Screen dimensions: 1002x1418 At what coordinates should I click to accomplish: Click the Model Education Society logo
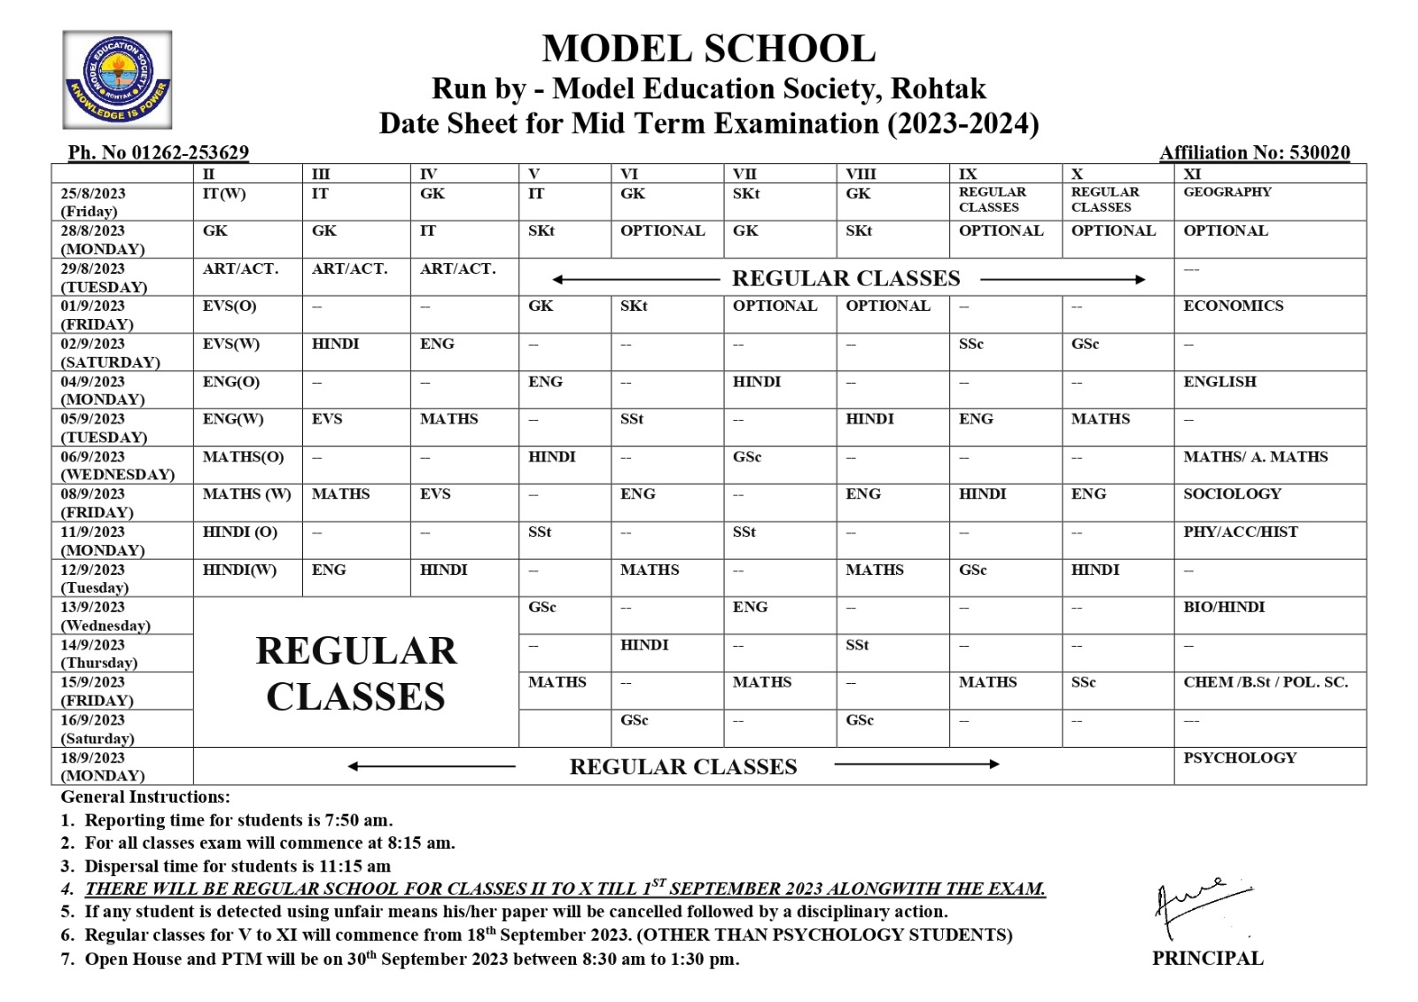(x=117, y=80)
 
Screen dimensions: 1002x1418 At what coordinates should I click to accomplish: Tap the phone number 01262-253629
(x=190, y=152)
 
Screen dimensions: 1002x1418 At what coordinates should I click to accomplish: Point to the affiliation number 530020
(x=1319, y=152)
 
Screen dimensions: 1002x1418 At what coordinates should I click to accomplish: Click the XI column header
(x=1192, y=174)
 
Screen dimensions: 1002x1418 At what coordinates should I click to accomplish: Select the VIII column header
(x=861, y=174)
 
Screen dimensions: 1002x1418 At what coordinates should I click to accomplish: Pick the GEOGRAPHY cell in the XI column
(x=1227, y=192)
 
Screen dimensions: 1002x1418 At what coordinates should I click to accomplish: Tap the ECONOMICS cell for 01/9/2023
(x=1233, y=306)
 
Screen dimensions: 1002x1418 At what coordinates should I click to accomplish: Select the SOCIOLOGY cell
(x=1232, y=493)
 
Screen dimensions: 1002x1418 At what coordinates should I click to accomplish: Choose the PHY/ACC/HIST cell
(x=1240, y=532)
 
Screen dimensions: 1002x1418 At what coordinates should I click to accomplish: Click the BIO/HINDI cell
(x=1224, y=607)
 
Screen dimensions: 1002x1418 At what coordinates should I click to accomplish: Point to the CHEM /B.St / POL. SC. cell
(x=1266, y=682)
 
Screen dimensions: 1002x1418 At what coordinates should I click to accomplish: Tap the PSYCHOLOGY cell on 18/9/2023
(x=1239, y=757)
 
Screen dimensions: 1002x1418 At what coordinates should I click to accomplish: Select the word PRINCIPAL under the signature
(x=1207, y=958)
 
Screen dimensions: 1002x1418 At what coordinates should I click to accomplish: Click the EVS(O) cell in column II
(x=230, y=306)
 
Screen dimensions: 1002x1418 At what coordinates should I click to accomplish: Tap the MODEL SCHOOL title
(x=708, y=49)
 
